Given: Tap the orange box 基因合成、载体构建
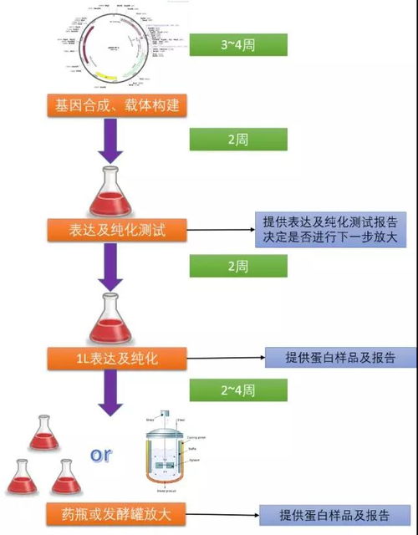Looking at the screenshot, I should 116,105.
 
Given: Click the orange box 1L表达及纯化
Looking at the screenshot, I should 116,358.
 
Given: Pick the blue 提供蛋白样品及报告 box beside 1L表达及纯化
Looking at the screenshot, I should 339,358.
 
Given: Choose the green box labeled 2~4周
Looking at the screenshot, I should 238,390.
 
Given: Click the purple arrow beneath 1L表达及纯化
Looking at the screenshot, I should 116,391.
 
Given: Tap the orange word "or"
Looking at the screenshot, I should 101,455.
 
